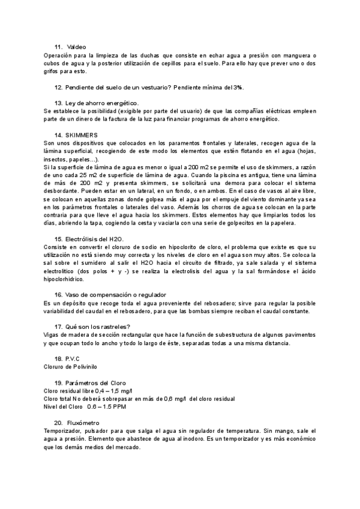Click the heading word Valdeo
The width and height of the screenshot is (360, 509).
[x=77, y=47]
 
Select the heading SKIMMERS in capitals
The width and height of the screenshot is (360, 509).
[x=82, y=135]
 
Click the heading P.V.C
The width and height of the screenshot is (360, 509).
[x=73, y=358]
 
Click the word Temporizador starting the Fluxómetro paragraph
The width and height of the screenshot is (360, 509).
[x=63, y=430]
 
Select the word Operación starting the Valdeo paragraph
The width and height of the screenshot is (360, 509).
[x=59, y=55]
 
